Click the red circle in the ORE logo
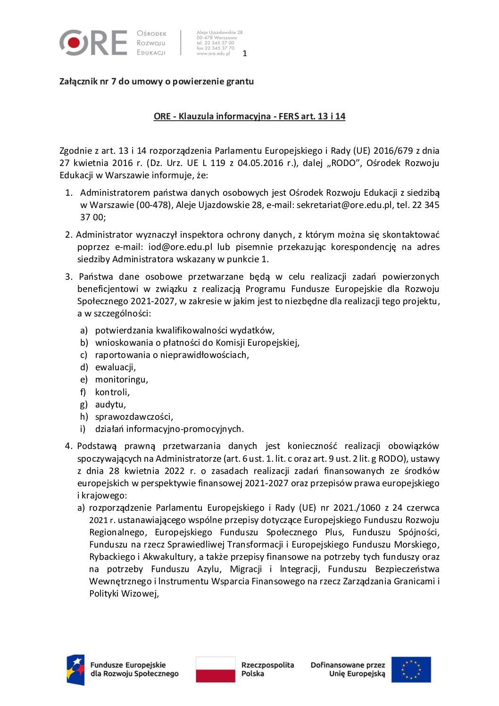click(x=74, y=43)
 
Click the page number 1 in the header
click(x=244, y=53)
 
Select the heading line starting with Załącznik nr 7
click(x=156, y=81)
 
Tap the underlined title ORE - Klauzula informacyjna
click(x=249, y=116)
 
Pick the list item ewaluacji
click(x=116, y=367)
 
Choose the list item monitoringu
click(x=122, y=379)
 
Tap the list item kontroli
click(x=112, y=392)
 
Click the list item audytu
click(x=110, y=404)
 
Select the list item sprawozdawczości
click(x=134, y=416)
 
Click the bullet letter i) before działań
click(x=83, y=429)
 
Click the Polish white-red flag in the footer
click(x=216, y=669)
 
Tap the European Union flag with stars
click(x=411, y=670)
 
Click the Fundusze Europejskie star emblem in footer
click(x=75, y=670)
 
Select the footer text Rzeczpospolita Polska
click(x=267, y=669)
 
